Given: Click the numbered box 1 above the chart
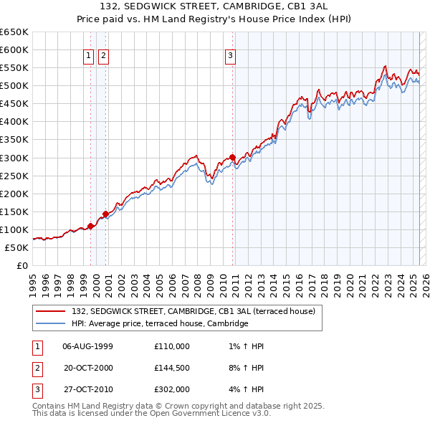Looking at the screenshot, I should [x=88, y=55].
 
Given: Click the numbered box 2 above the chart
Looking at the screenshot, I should [x=103, y=55].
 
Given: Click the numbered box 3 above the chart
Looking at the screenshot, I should [x=230, y=55].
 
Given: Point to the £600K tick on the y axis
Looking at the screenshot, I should [x=14, y=49].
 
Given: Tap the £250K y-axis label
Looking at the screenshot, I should [x=14, y=176].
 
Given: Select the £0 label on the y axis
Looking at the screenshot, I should [x=21, y=265].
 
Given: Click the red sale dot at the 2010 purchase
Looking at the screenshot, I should [x=233, y=157].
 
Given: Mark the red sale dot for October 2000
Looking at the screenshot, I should [x=105, y=214].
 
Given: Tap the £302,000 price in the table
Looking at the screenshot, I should [x=172, y=391].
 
